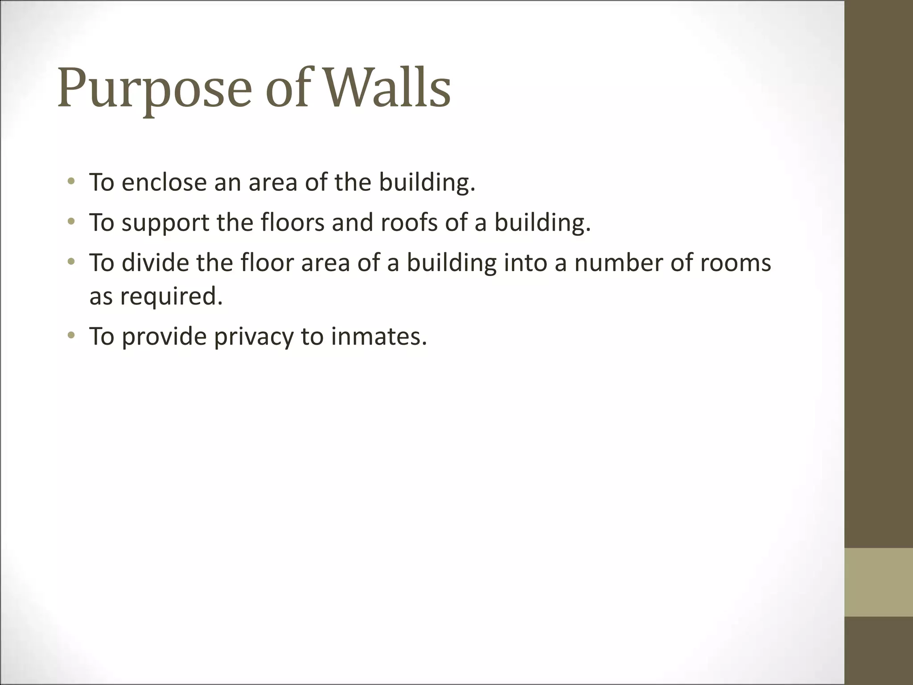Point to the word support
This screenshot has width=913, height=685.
(x=165, y=223)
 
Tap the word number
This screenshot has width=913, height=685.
(x=618, y=263)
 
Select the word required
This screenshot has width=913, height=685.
(x=171, y=296)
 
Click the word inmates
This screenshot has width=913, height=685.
(x=378, y=336)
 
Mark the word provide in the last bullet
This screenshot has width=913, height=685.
(x=164, y=337)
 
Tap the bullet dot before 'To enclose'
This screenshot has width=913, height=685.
(x=71, y=181)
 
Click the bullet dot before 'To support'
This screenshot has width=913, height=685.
(x=71, y=221)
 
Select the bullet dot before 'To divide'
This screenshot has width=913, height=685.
(x=71, y=261)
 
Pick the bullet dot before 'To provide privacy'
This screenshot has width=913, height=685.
(x=71, y=335)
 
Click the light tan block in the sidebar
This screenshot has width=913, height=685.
(x=879, y=582)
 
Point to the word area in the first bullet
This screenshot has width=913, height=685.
(x=272, y=183)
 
